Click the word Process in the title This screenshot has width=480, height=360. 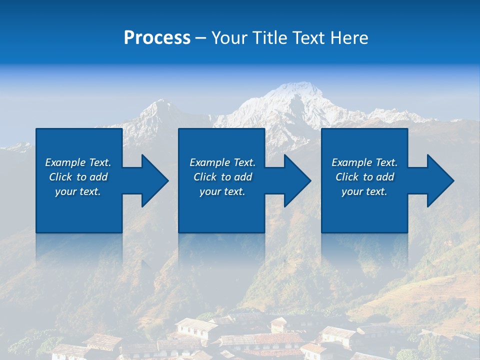(x=157, y=38)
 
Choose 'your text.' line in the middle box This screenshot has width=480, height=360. (x=222, y=191)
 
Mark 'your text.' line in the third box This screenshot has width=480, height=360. (x=364, y=191)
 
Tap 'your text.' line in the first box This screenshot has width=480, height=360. (x=77, y=191)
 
